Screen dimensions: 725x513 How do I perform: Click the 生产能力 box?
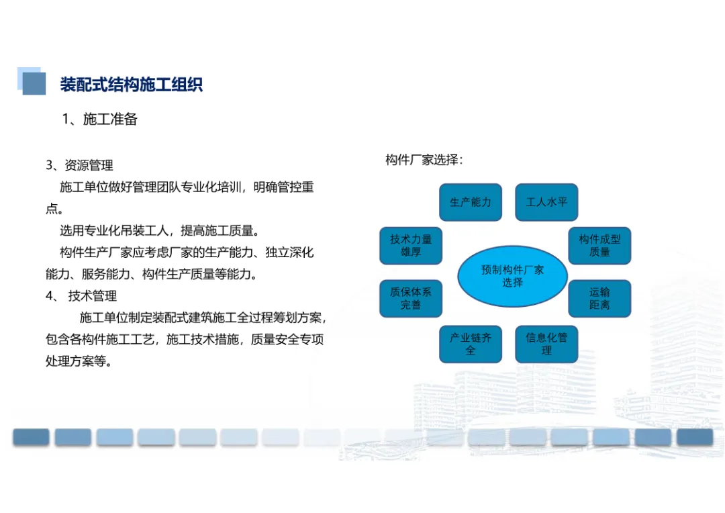471,202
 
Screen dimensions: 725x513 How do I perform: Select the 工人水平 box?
546,202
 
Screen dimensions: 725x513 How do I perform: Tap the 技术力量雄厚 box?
411,246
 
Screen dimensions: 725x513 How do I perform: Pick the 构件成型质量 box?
599,246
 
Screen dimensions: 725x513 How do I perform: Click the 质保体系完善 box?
411,299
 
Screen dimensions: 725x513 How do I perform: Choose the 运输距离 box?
599,299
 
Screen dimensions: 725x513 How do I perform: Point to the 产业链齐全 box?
471,344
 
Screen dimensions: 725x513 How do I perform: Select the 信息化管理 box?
546,344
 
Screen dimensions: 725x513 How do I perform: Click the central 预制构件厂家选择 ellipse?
512,276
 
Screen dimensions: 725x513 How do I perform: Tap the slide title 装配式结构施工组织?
132,85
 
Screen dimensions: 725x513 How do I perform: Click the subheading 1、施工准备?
100,120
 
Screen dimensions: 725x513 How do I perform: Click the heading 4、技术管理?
81,296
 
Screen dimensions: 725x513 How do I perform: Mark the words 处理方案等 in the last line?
75,361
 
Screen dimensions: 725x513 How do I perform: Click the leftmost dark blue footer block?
31,437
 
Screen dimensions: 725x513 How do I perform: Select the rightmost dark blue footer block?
695,437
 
